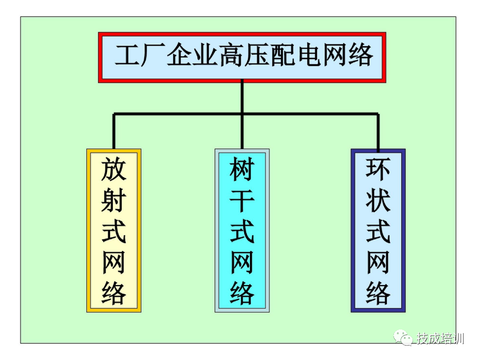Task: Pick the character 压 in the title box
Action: (257, 55)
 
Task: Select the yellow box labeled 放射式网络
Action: (113, 230)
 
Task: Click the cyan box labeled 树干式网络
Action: (242, 230)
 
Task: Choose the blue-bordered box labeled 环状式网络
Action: (378, 230)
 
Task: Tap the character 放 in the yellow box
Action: (113, 169)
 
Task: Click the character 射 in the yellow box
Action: (113, 200)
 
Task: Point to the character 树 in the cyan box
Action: (242, 169)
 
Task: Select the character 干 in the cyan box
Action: (242, 200)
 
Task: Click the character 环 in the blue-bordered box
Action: (378, 169)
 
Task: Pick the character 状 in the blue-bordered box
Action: (378, 200)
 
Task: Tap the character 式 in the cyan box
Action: (242, 230)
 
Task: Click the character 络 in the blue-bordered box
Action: (378, 293)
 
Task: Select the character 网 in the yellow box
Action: (113, 262)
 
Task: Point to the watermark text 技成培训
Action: (440, 338)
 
